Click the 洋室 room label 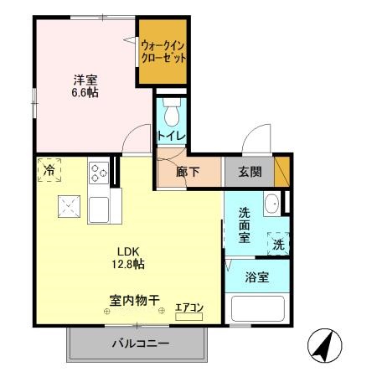pyautogui.click(x=85, y=80)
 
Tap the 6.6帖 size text pyautogui.click(x=85, y=92)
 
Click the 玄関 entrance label pyautogui.click(x=249, y=173)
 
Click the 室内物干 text pyautogui.click(x=134, y=299)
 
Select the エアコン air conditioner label pyautogui.click(x=189, y=308)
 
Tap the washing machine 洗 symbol pyautogui.click(x=276, y=244)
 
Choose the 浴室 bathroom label pyautogui.click(x=257, y=277)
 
